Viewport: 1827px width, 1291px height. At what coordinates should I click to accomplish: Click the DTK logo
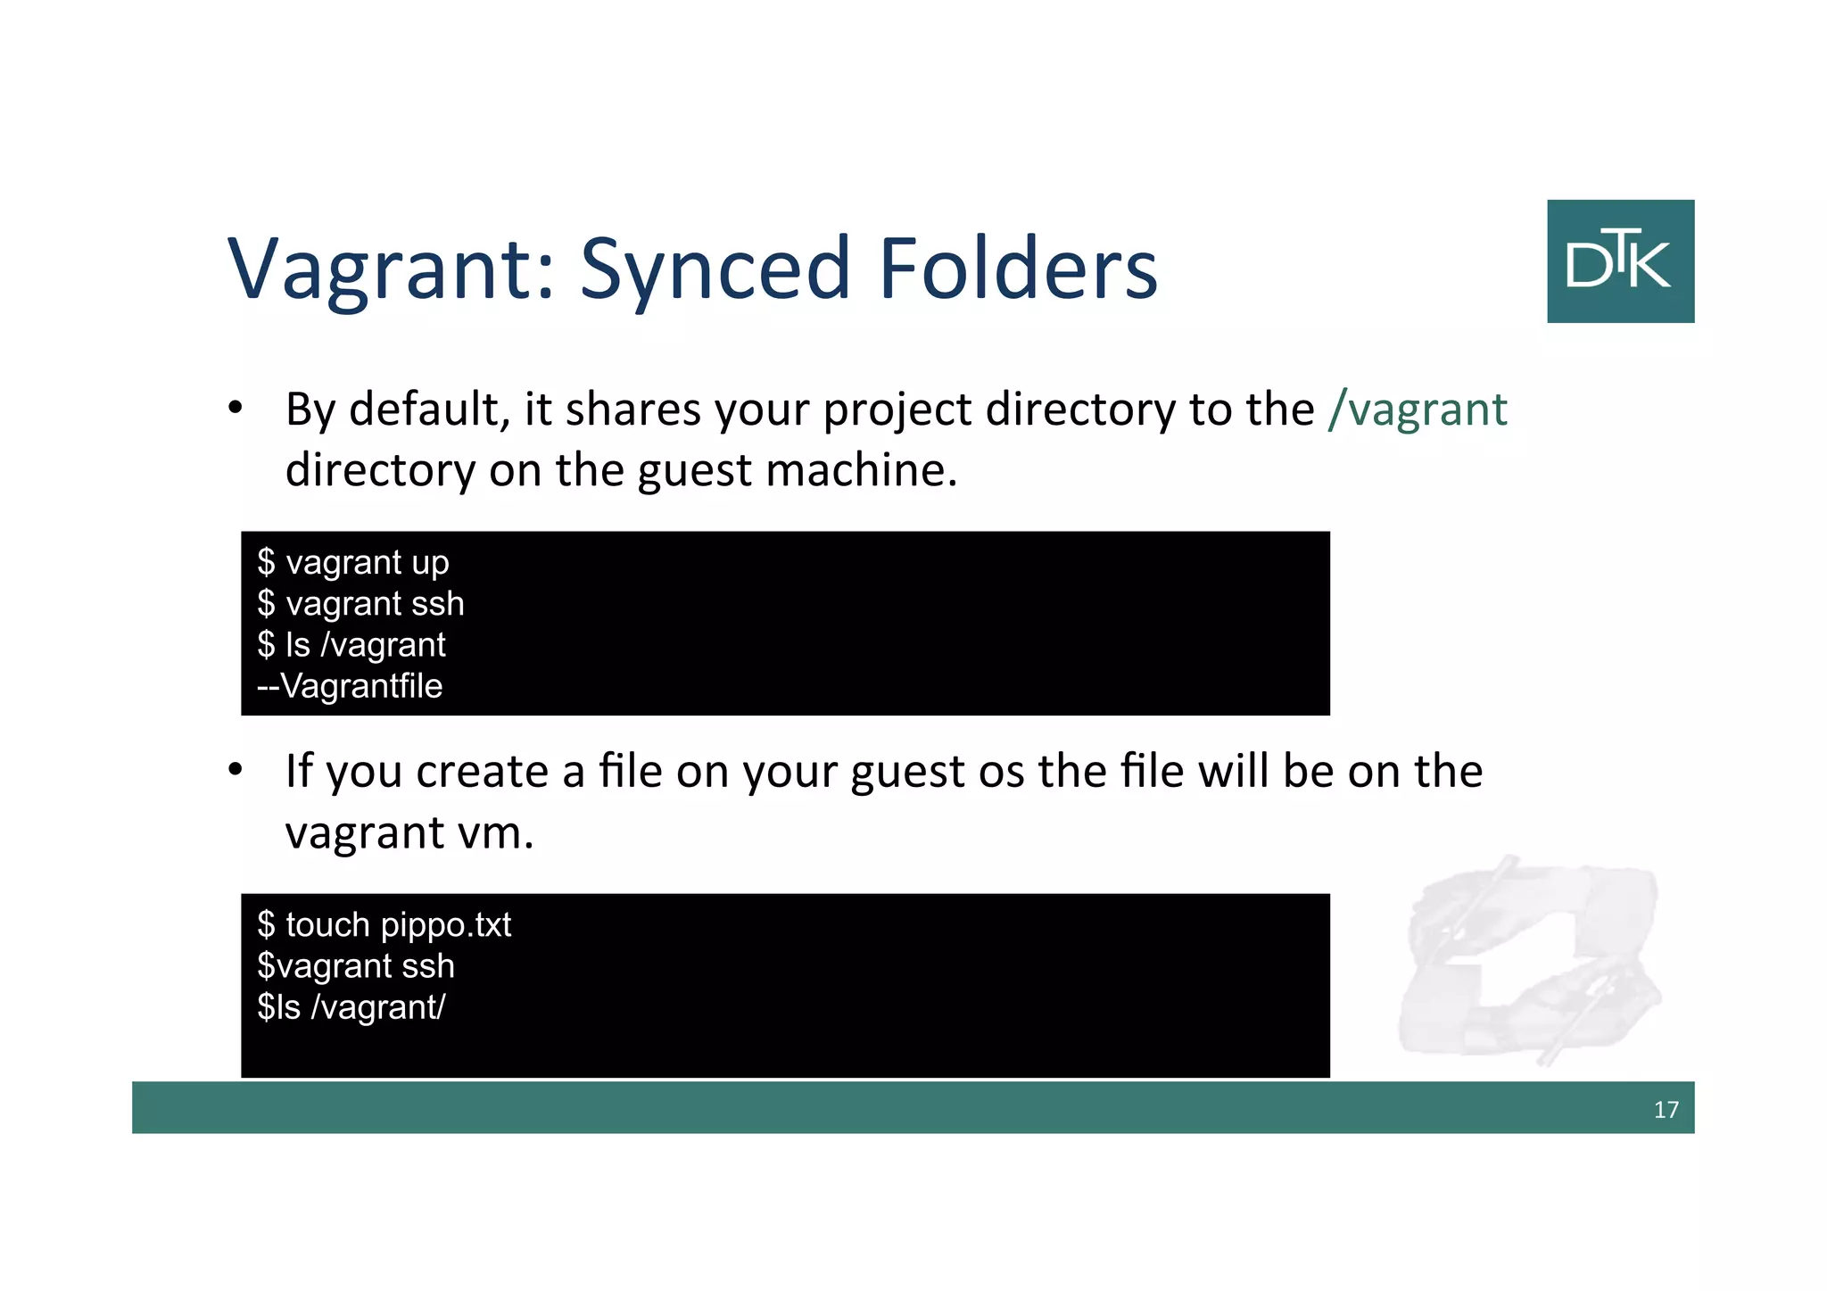coord(1620,261)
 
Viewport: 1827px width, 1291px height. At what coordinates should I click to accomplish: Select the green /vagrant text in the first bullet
coord(1418,410)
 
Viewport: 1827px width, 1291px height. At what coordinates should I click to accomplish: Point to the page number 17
coord(1666,1109)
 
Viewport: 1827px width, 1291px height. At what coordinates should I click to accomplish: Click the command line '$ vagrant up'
coord(353,563)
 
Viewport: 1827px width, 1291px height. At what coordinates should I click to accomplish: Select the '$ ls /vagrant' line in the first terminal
coord(351,645)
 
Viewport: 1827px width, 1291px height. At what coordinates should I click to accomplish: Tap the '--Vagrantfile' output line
coord(350,686)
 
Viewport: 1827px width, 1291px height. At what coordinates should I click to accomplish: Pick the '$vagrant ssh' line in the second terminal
coord(356,966)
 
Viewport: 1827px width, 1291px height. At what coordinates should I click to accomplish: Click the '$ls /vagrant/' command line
coord(351,1007)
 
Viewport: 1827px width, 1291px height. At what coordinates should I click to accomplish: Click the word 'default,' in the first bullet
coord(429,410)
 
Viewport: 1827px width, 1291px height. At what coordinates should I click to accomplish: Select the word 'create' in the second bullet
coord(482,772)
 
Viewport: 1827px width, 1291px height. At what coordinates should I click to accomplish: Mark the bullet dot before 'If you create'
coord(235,770)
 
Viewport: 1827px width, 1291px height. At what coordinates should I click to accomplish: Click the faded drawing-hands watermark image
coord(1529,960)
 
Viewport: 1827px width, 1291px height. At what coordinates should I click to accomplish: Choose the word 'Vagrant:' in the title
coord(393,269)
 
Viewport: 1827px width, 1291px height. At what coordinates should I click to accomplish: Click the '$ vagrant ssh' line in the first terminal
coord(360,604)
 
